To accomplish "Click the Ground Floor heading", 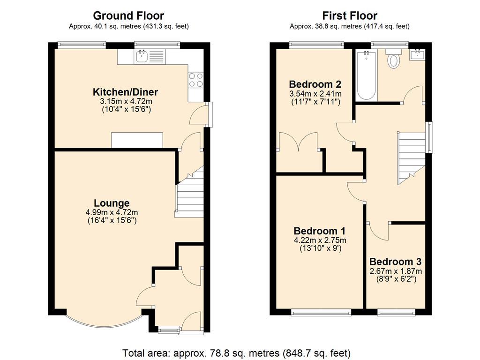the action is (x=128, y=15).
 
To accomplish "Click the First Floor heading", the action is (x=350, y=15).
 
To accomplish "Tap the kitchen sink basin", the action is (x=142, y=56).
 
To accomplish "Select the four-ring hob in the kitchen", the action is (x=195, y=80).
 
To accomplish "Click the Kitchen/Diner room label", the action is (x=126, y=91).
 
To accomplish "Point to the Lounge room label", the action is (x=112, y=203).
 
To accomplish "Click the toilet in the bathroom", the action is (x=393, y=59).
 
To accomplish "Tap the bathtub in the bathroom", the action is (x=366, y=75).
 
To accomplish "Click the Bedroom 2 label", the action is (x=315, y=84).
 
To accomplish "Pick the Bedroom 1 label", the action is (x=320, y=231).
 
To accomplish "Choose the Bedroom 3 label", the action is (x=396, y=262).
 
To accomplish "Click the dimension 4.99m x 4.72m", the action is (x=112, y=212).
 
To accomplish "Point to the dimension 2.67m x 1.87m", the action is (x=396, y=271).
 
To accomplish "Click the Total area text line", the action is (x=236, y=353).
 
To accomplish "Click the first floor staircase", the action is (x=411, y=158).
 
